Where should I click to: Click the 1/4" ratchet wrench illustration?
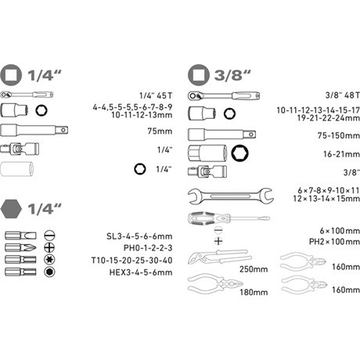coord(27,95)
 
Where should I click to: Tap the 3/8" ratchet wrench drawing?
coord(224,96)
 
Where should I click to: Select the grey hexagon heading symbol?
coord(11,209)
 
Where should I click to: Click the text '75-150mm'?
coord(338,135)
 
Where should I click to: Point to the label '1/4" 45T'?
coord(156,95)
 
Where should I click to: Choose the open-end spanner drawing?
coord(231,196)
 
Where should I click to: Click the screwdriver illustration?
coord(229,218)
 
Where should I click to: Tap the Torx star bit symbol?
coord(49,259)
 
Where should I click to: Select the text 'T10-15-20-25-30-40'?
coord(131,261)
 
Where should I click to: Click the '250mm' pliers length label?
coord(254,269)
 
